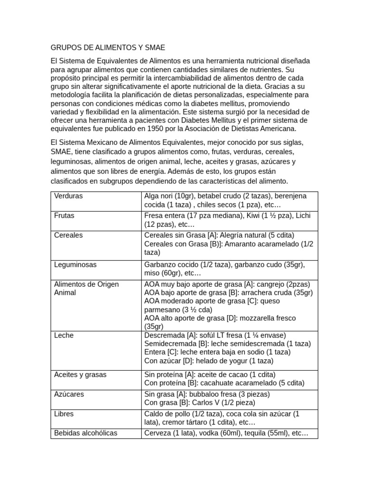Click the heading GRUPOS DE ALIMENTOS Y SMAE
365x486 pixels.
click(x=108, y=48)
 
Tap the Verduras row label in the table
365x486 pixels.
click(x=68, y=196)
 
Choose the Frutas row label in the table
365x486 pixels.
click(x=64, y=215)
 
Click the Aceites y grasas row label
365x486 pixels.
click(x=80, y=374)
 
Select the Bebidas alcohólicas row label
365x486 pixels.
click(x=86, y=433)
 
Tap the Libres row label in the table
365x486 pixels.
click(x=64, y=413)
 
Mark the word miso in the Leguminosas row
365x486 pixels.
click(x=152, y=273)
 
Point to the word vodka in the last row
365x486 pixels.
click(x=198, y=433)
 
